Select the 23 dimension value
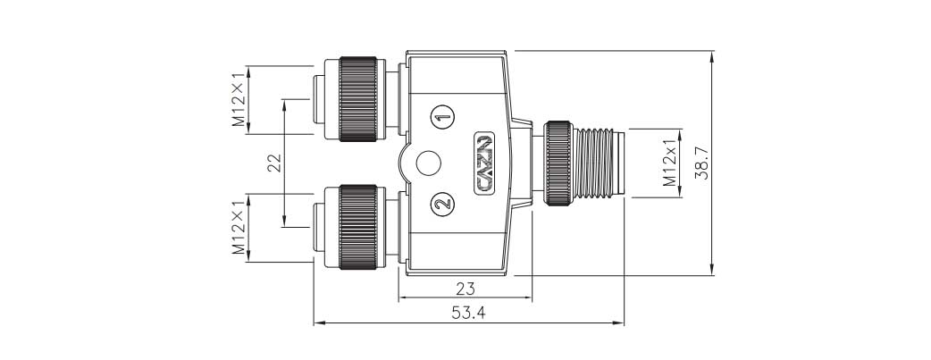click(x=465, y=289)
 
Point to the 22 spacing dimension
click(x=274, y=162)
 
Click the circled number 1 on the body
click(x=442, y=116)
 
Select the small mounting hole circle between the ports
click(x=428, y=163)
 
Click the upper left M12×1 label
click(x=239, y=100)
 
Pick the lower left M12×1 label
click(x=239, y=228)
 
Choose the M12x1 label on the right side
click(x=669, y=162)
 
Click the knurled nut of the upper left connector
click(x=359, y=99)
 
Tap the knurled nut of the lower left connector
click(x=359, y=226)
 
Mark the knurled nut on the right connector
click(x=560, y=163)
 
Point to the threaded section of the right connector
click(x=601, y=162)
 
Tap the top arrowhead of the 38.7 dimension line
click(x=712, y=56)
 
